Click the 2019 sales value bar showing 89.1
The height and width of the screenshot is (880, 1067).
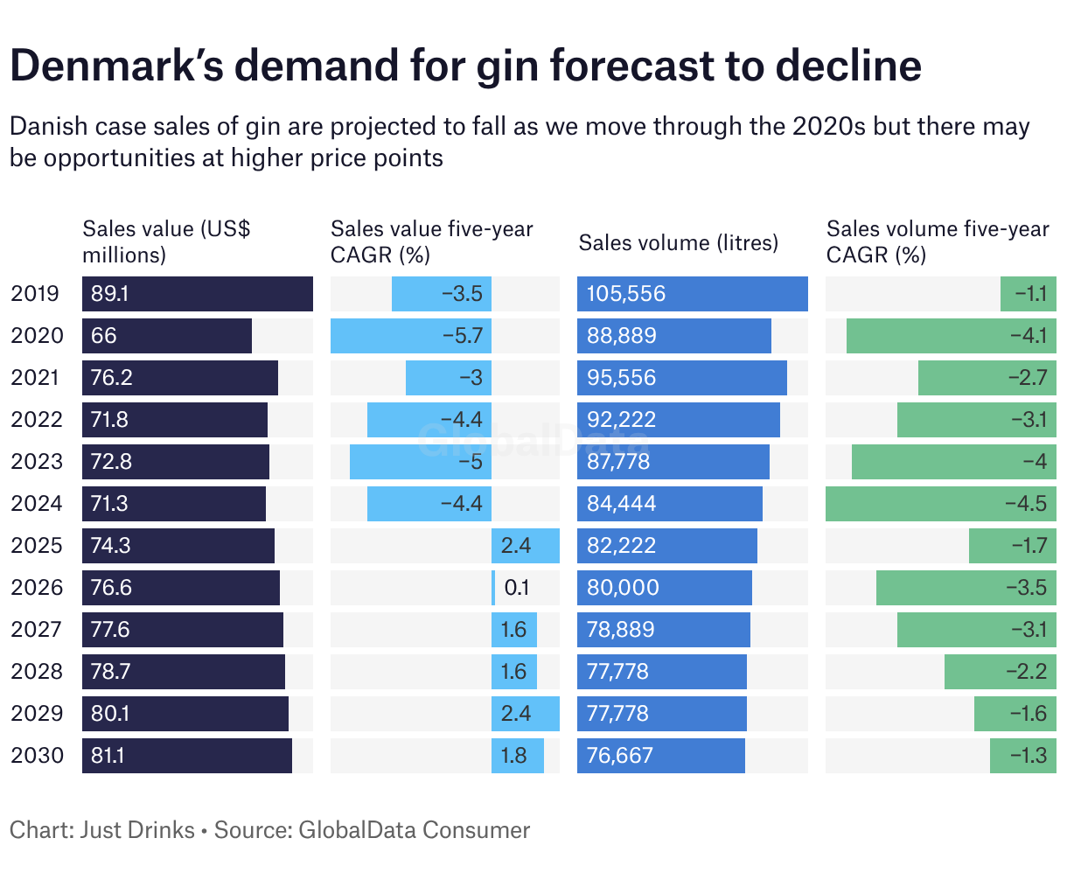coord(197,294)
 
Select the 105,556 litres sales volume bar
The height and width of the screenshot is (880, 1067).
coord(692,294)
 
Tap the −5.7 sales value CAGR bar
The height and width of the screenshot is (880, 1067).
coord(410,336)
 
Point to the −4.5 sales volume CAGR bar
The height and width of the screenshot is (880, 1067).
coord(940,504)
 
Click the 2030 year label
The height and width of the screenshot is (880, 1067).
coord(38,756)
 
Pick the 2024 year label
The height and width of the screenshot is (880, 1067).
coord(38,504)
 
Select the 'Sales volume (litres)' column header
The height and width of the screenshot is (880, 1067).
coord(678,242)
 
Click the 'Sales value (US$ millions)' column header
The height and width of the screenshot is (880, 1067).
coord(166,241)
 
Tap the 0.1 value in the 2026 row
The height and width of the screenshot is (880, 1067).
coord(516,588)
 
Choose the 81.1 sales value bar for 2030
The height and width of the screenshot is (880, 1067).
coord(186,756)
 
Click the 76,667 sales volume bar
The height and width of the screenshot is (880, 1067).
coord(660,756)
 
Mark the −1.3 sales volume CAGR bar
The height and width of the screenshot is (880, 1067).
coord(1022,756)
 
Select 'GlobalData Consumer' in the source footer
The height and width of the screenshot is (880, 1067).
coord(415,830)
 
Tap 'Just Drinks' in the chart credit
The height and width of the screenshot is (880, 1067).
coord(137,830)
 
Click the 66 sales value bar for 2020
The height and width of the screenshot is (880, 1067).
coord(166,336)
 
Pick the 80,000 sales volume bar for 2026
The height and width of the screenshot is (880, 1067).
coord(664,588)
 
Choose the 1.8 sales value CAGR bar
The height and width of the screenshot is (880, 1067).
coord(517,756)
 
